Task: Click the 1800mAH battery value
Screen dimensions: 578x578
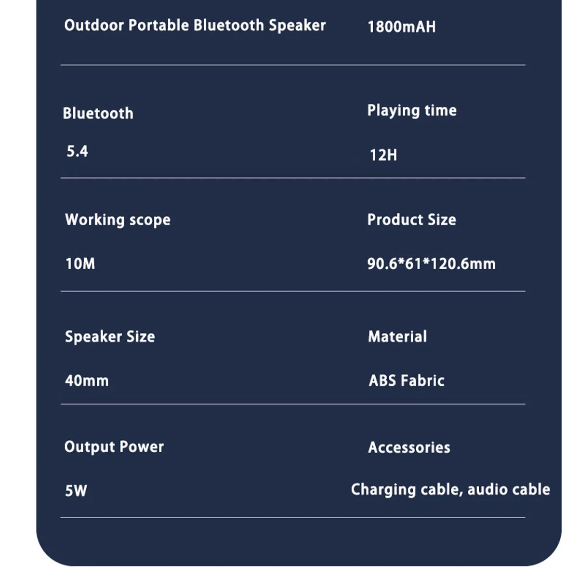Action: pos(401,26)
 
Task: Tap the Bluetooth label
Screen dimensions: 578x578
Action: pos(98,113)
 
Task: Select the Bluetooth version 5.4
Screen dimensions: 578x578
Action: pos(77,151)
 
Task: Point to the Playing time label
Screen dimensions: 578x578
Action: pos(412,110)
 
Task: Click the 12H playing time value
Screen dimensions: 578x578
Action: pos(383,155)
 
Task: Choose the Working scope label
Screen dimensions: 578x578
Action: pos(118,220)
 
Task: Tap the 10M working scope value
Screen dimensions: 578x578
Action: pos(80,264)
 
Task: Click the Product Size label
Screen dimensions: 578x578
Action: pos(411,220)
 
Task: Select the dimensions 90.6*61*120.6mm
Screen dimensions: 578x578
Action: pos(431,264)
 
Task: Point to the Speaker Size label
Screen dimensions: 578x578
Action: pos(110,337)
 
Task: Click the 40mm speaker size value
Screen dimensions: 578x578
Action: pos(87,381)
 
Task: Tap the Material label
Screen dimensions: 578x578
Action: pos(397,337)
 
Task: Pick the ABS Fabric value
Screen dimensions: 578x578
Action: pos(406,381)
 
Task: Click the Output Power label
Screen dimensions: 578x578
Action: pos(114,447)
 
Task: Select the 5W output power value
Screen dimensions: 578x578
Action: pos(76,491)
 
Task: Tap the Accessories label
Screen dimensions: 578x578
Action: pos(409,447)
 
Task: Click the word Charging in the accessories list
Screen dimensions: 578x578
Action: pos(383,490)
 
